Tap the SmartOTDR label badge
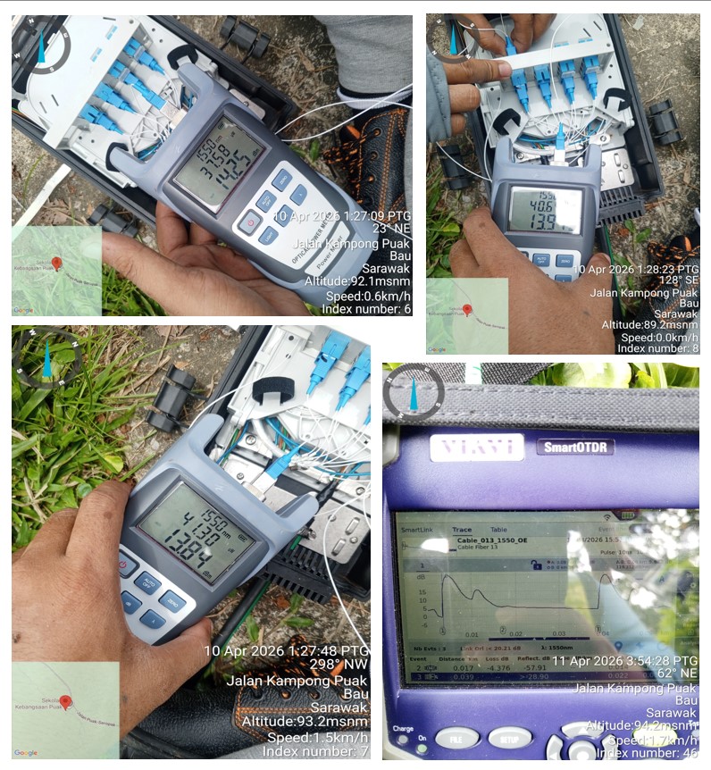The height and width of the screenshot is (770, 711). point(574,447)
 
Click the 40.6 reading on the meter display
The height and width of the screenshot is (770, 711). point(543,205)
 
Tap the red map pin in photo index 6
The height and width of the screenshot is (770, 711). point(57,264)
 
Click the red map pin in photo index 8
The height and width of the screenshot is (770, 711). point(466,310)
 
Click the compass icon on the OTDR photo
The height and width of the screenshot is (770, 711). point(414,393)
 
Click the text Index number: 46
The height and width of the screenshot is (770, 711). point(647,752)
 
